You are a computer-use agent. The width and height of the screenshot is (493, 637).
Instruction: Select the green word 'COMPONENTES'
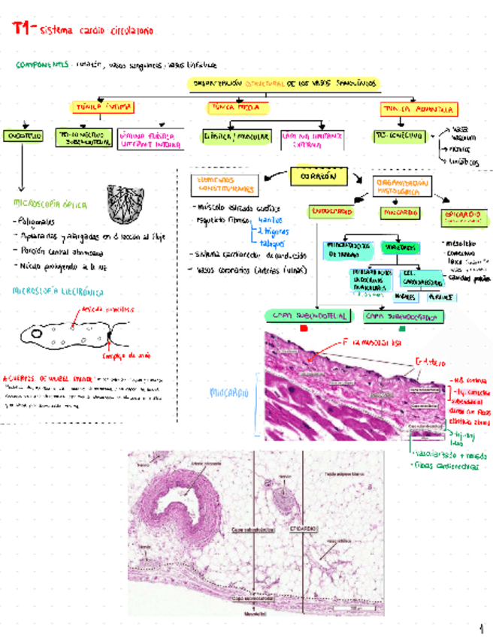tap(42, 65)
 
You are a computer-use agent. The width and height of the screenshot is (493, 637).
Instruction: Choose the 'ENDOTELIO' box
tap(23, 136)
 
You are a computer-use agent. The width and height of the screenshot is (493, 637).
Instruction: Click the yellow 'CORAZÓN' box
tap(318, 177)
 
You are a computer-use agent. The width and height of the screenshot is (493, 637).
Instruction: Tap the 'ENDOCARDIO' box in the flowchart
tap(330, 213)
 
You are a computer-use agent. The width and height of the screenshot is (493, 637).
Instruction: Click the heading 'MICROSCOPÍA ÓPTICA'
tap(50, 204)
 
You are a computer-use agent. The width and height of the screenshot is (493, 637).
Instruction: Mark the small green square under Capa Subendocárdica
tap(402, 329)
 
